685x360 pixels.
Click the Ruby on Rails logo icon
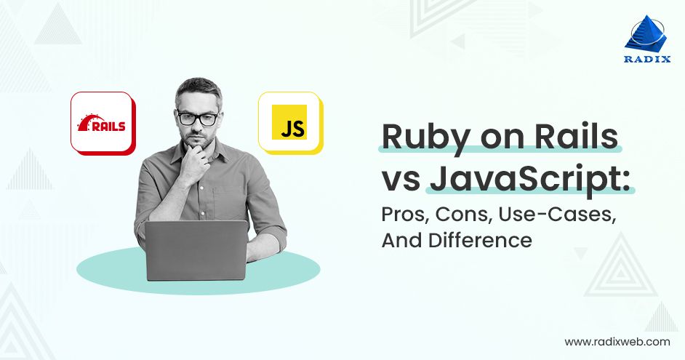tap(103, 123)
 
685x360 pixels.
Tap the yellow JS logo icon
tap(291, 123)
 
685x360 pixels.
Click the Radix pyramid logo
tap(646, 33)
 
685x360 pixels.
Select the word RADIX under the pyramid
tap(647, 59)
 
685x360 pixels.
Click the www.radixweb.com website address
tap(617, 342)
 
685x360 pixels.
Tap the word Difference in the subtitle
tap(480, 240)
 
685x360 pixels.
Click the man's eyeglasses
tap(198, 118)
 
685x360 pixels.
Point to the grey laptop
tap(196, 250)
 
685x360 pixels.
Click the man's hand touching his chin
tap(196, 163)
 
